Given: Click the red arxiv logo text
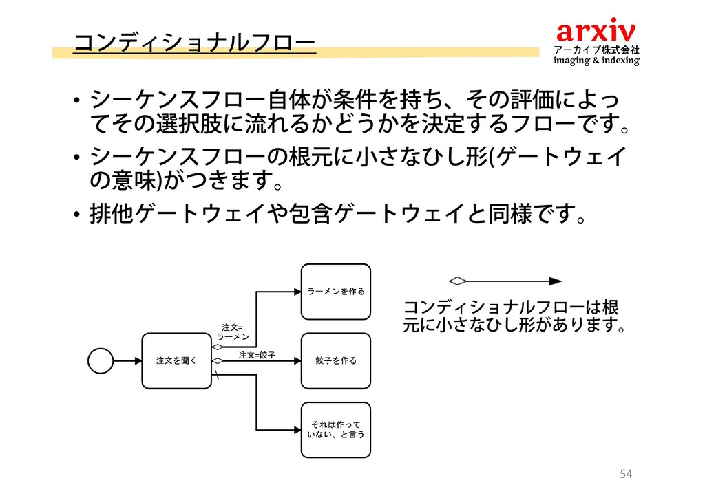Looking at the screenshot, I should tap(596, 31).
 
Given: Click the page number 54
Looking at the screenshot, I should tap(625, 473).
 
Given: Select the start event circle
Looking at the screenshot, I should tap(101, 360).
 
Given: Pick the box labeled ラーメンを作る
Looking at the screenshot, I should tap(336, 291).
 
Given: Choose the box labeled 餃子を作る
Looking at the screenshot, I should tap(336, 360).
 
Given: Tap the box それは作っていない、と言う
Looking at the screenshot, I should tap(336, 430).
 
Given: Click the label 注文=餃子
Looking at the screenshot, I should tap(257, 355).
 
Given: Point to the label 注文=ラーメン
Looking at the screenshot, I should tap(232, 332).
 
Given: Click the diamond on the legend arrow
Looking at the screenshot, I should tap(458, 281).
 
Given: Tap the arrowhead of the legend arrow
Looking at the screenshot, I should tap(555, 281).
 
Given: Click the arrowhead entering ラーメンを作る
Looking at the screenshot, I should tap(297, 291).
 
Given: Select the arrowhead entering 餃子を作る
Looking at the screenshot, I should tap(297, 360).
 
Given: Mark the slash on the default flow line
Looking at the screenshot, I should tap(217, 374).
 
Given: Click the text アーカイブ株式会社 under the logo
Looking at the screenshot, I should tap(597, 50).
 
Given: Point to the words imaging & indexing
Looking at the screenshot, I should tap(597, 61).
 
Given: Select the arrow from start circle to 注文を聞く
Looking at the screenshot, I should tap(127, 360).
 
